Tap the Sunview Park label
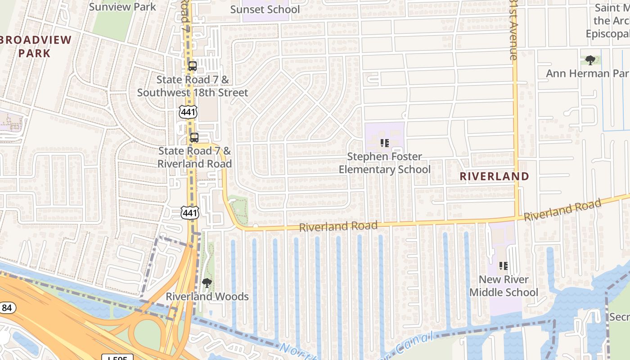pos(122,7)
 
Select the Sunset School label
pos(265,9)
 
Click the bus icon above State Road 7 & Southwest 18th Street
pos(193,66)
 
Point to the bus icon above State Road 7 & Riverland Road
pos(194,138)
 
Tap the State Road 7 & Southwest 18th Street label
pos(193,86)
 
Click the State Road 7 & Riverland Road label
pos(194,157)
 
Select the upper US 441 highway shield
pos(187,112)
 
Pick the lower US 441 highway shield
pos(190,212)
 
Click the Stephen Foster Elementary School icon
pos(385,143)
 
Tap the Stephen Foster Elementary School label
pos(385,163)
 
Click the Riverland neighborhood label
pos(494,176)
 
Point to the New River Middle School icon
pos(504,266)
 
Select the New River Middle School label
pos(504,286)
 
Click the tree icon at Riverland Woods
pos(207,283)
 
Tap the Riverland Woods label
pos(207,297)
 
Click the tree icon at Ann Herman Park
pos(590,60)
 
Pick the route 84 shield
pos(7,308)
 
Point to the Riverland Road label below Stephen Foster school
pos(338,226)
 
